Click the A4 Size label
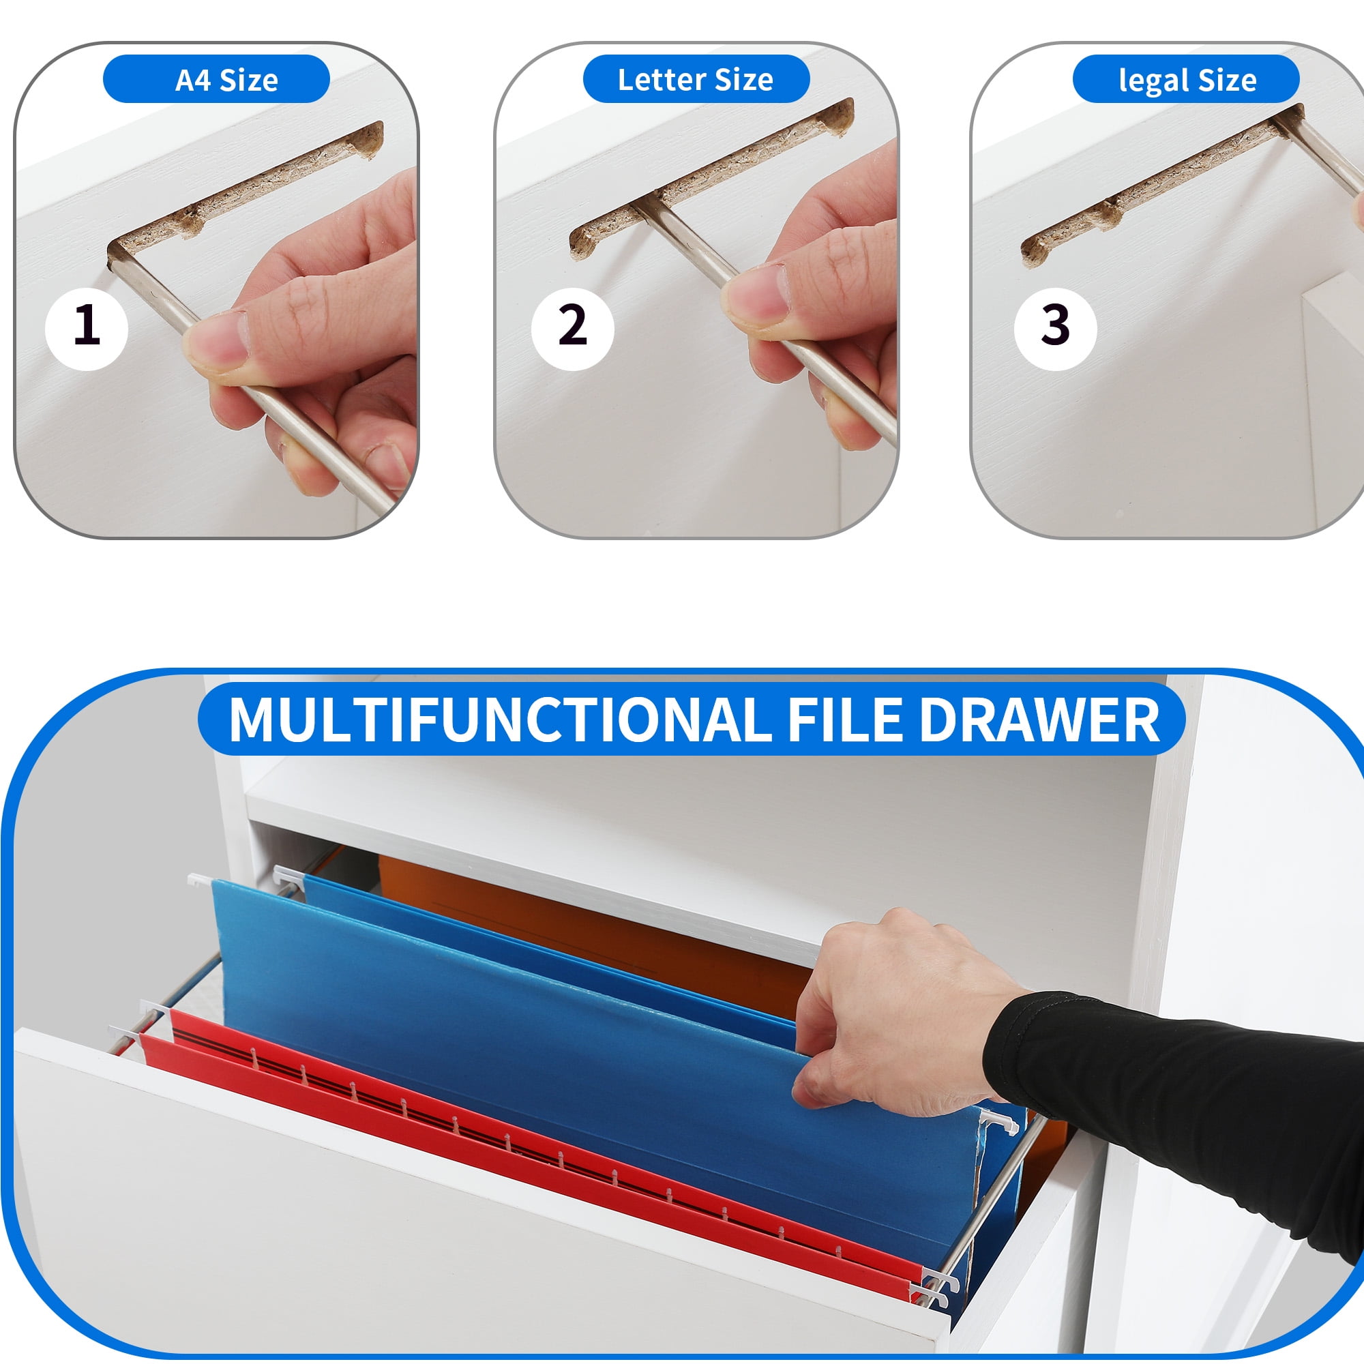click(216, 79)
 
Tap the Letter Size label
click(696, 79)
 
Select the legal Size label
click(1185, 79)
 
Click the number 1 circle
click(86, 328)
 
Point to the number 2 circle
click(573, 328)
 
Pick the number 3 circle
click(1056, 328)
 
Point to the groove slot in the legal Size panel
click(1158, 187)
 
